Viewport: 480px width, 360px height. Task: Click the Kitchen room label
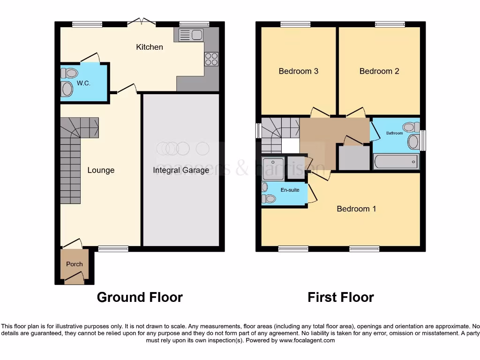pos(150,47)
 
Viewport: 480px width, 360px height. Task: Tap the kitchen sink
pos(190,35)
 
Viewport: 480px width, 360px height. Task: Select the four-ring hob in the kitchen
pos(211,59)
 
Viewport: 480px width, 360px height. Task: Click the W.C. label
pos(83,83)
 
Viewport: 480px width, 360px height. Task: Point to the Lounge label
pos(101,170)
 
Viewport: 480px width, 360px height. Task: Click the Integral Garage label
pos(181,170)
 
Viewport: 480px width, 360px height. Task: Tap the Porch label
pos(74,264)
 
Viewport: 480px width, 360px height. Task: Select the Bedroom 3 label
pos(299,71)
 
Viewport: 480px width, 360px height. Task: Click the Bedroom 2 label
pos(379,71)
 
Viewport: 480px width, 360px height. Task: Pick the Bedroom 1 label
pos(356,209)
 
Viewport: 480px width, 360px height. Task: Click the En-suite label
pos(290,190)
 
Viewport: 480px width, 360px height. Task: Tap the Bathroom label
pos(394,133)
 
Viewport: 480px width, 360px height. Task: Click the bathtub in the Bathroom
pos(396,162)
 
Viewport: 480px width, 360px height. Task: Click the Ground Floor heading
pos(140,297)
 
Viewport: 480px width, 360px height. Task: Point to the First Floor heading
pos(341,297)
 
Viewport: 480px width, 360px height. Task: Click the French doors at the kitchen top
pos(142,22)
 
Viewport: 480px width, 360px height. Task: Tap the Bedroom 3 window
pos(295,24)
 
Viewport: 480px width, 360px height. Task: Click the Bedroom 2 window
pos(390,24)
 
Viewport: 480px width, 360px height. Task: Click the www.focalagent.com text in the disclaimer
pos(307,341)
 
